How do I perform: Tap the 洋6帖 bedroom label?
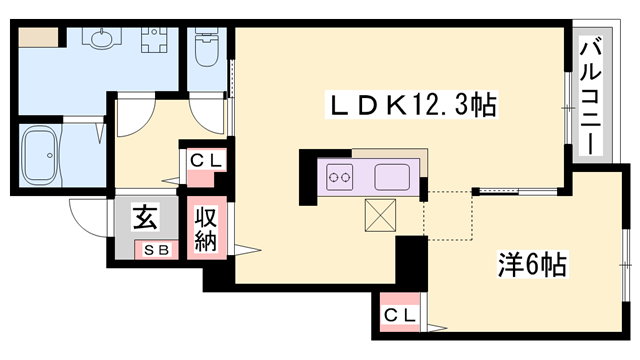533,264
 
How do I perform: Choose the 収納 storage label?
206,229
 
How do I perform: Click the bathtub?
44,155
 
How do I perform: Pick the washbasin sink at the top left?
102,40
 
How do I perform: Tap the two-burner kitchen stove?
340,178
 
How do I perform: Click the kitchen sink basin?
394,178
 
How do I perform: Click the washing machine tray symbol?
154,43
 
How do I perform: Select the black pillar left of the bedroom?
410,262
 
